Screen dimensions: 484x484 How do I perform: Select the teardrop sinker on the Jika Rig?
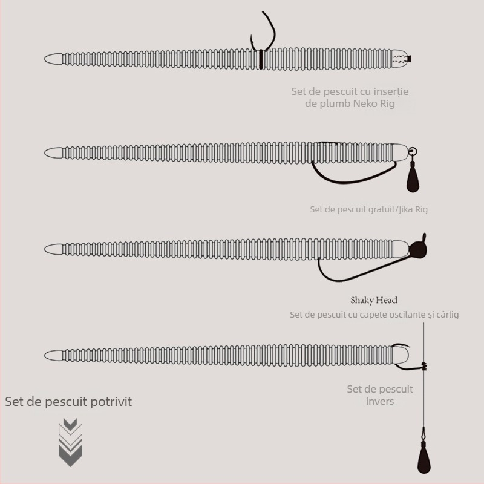coord(413,180)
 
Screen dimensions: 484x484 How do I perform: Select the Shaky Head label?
coord(374,300)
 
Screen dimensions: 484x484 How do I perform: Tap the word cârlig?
coord(448,315)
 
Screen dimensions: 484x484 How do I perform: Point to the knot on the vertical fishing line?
coord(425,366)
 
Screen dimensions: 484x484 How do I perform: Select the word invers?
coord(380,401)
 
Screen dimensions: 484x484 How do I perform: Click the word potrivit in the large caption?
coord(111,402)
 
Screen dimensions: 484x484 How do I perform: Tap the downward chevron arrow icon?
coord(71,442)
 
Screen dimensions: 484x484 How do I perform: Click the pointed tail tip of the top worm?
coord(45,59)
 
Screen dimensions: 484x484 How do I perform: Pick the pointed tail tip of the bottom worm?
coord(45,356)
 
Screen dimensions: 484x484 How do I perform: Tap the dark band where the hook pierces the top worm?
coord(261,59)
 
